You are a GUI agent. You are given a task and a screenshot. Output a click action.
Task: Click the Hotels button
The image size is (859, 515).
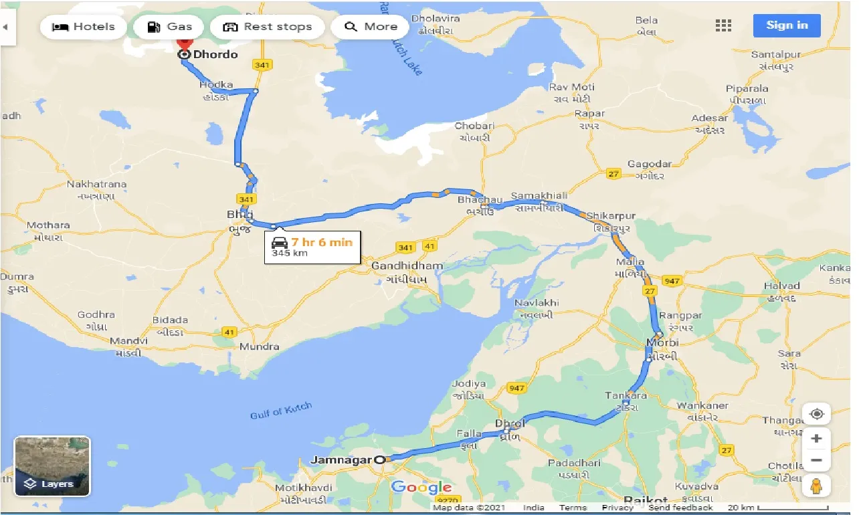(84, 27)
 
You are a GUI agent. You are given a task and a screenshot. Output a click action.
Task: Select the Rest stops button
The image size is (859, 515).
(267, 27)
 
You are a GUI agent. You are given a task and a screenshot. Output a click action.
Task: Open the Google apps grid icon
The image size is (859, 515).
(723, 25)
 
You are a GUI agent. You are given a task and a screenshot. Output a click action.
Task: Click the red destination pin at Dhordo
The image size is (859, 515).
(184, 41)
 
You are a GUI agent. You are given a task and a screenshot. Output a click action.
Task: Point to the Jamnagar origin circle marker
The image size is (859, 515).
(380, 459)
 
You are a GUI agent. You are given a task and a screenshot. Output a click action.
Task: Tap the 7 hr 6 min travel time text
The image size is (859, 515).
(321, 242)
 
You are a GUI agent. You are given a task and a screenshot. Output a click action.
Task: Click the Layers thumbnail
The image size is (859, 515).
(52, 466)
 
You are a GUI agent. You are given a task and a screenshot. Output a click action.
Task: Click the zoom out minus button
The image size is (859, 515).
(816, 460)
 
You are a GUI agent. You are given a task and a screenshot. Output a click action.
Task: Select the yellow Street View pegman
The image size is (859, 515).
(816, 486)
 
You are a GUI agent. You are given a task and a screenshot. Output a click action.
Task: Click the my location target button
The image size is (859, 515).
(816, 414)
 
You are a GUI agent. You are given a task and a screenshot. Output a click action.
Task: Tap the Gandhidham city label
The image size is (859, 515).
(407, 266)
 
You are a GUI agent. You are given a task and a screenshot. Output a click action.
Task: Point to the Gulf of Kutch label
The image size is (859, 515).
(281, 411)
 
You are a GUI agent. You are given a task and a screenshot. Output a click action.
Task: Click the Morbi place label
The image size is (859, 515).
(662, 343)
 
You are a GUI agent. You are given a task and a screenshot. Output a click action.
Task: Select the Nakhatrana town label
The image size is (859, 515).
(96, 184)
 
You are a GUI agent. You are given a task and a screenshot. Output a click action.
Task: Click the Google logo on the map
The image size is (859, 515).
(421, 487)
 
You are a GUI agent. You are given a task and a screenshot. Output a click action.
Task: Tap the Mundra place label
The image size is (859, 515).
(259, 346)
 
